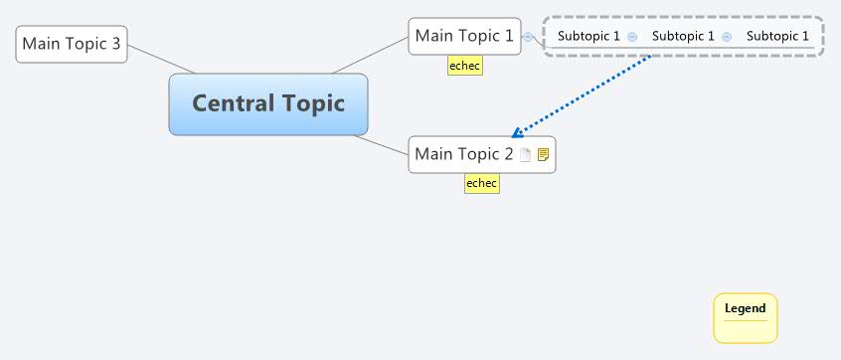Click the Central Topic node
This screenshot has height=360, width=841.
click(268, 103)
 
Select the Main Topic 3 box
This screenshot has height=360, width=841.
click(72, 44)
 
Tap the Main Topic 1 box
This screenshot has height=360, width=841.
click(464, 37)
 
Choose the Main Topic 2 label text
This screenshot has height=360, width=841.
click(464, 154)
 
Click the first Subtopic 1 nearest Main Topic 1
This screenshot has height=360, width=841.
click(589, 37)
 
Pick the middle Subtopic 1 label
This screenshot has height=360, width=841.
click(683, 37)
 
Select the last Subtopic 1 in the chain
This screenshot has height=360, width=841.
click(778, 37)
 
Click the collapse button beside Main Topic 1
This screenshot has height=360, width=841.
click(528, 37)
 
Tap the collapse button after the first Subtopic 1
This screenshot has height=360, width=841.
click(632, 37)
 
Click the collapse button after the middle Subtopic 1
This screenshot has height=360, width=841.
click(727, 37)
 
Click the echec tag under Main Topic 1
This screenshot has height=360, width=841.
click(464, 66)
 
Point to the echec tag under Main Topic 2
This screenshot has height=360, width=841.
click(481, 183)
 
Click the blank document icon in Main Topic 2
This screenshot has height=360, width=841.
click(526, 155)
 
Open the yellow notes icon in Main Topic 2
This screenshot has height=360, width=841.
click(543, 155)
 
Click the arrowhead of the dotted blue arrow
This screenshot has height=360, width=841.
click(515, 133)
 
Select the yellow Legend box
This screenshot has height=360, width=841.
click(745, 317)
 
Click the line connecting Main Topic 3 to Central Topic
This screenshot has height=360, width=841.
click(161, 59)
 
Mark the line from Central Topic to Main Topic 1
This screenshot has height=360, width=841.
click(370, 56)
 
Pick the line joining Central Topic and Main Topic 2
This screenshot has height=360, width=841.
click(388, 145)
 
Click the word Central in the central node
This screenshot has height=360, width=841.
click(228, 103)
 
